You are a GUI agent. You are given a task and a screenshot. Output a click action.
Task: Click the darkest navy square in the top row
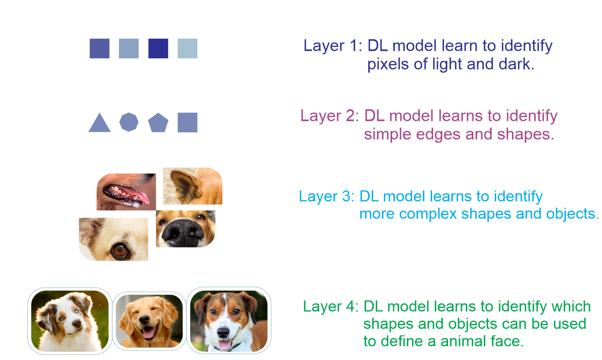click(158, 49)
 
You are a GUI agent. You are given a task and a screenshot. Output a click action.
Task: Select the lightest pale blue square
click(188, 49)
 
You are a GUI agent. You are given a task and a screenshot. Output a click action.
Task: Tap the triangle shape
click(99, 123)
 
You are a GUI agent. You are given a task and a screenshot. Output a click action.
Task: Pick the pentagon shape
click(158, 123)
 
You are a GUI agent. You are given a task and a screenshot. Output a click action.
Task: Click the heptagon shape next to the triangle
click(129, 122)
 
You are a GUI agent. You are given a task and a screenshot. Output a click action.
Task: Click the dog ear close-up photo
click(193, 186)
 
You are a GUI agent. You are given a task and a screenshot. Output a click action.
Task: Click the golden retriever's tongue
click(148, 334)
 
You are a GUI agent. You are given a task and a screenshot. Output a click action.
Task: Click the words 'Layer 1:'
click(333, 46)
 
